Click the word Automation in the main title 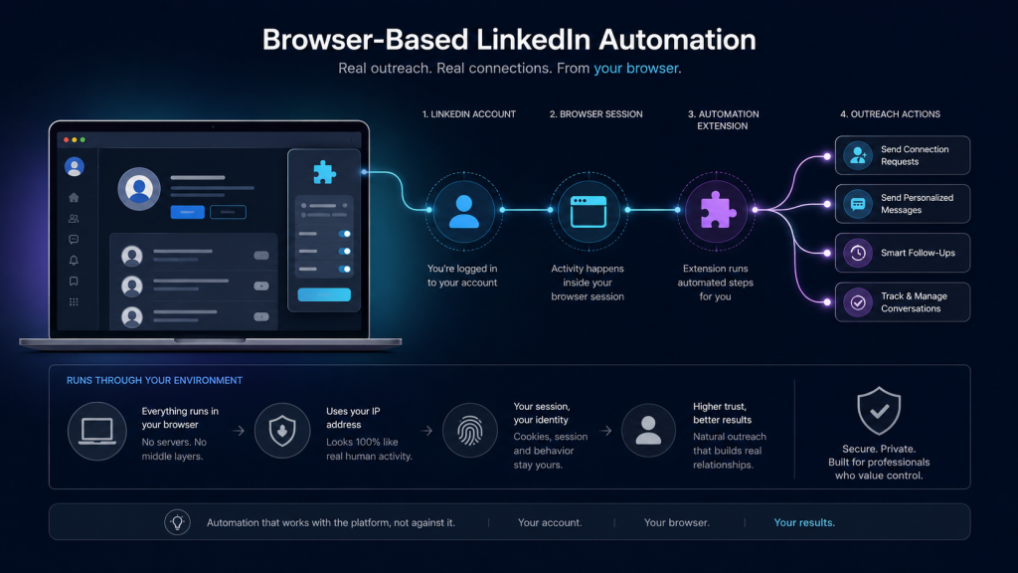(x=677, y=40)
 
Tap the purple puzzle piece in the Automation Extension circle (x=717, y=210)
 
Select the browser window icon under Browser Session (x=589, y=211)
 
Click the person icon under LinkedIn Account (x=463, y=211)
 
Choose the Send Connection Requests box (x=903, y=155)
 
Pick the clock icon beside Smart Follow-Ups (x=858, y=253)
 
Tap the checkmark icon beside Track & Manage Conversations (x=858, y=302)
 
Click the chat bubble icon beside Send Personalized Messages (x=858, y=204)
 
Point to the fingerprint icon (x=469, y=430)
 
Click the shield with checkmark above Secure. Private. (x=879, y=411)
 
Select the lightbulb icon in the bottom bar (x=177, y=521)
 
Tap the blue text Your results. (x=804, y=522)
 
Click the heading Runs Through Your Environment (x=154, y=380)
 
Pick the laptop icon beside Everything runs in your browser (x=96, y=431)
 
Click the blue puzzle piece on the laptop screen (x=324, y=172)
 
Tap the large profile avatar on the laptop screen (x=139, y=189)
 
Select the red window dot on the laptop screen (x=67, y=139)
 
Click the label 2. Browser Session (x=596, y=114)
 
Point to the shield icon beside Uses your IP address (x=282, y=431)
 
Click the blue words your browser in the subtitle (x=635, y=69)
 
